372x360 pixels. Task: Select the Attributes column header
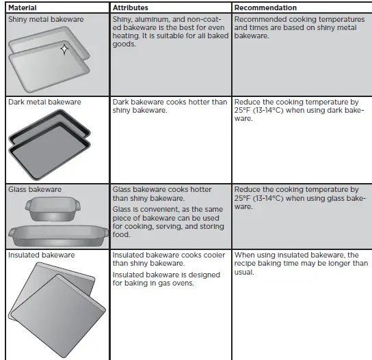pyautogui.click(x=131, y=8)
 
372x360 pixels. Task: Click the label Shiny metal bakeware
pyautogui.click(x=46, y=19)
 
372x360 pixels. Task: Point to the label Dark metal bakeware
pyautogui.click(x=44, y=102)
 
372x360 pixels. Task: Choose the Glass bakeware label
pyautogui.click(x=35, y=189)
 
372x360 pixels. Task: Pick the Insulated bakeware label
pyautogui.click(x=42, y=255)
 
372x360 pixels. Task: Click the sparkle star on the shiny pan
pyautogui.click(x=64, y=49)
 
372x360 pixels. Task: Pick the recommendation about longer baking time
pyautogui.click(x=301, y=263)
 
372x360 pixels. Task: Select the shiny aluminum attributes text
pyautogui.click(x=170, y=31)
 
